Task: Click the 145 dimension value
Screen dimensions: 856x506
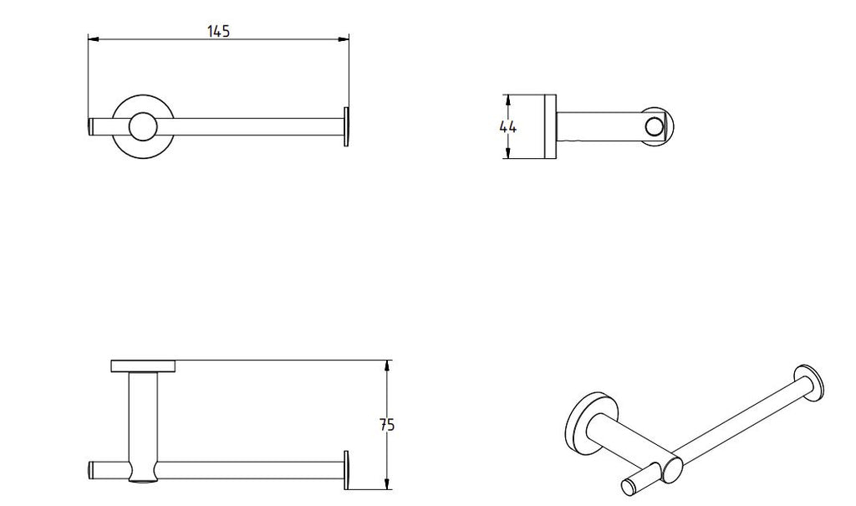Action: [218, 31]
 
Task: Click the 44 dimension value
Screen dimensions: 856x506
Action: [507, 127]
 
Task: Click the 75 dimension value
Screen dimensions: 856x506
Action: [387, 425]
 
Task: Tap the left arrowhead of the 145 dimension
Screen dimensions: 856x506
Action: [94, 38]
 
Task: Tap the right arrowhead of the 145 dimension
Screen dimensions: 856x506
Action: [344, 38]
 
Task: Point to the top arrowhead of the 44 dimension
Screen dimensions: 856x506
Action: [508, 100]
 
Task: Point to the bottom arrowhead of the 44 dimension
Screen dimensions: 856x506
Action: [508, 154]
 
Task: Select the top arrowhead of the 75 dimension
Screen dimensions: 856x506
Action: [387, 365]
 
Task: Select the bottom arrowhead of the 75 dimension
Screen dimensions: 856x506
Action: [387, 483]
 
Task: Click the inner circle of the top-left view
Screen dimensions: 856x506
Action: [143, 127]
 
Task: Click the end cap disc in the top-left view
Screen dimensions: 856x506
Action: [346, 127]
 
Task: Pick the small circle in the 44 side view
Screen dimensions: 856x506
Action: [653, 127]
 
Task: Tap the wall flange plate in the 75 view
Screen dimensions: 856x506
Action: [144, 366]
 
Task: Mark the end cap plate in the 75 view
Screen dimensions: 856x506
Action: [346, 471]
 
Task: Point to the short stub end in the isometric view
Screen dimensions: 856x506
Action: [630, 486]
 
